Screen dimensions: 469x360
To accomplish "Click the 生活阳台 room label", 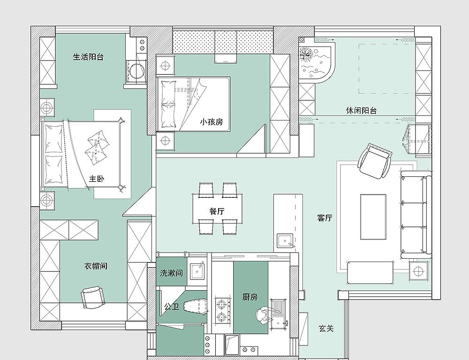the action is pyautogui.click(x=88, y=57).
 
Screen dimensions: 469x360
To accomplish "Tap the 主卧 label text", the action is pyautogui.click(x=97, y=179).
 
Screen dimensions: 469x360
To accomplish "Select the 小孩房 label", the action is pyautogui.click(x=212, y=122).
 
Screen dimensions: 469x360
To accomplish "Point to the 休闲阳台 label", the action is pyautogui.click(x=361, y=111).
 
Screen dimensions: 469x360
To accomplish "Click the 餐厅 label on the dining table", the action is pyautogui.click(x=217, y=211).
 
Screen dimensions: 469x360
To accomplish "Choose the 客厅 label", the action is pyautogui.click(x=325, y=217).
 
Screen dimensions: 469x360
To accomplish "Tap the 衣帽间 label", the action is pyautogui.click(x=96, y=266).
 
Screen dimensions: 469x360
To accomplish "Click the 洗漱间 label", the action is pyautogui.click(x=171, y=273).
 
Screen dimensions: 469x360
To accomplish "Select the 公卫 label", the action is pyautogui.click(x=171, y=307).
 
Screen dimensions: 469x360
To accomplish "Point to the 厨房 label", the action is pyautogui.click(x=250, y=297).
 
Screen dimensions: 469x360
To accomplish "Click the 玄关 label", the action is pyautogui.click(x=326, y=329).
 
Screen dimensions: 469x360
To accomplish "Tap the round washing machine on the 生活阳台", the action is pyautogui.click(x=137, y=71).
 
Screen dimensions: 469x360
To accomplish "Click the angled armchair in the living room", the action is pyautogui.click(x=374, y=161).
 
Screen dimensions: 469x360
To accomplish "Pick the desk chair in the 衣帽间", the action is pyautogui.click(x=93, y=297).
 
